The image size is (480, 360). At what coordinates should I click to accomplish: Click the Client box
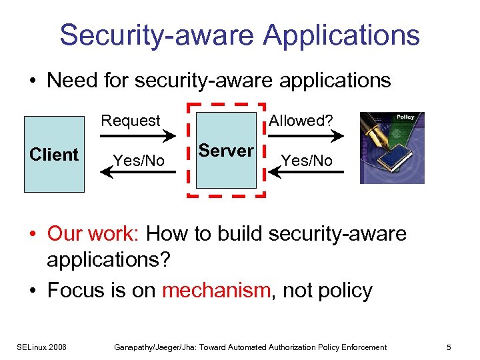click(x=54, y=155)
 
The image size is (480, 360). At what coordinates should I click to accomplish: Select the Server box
click(x=226, y=151)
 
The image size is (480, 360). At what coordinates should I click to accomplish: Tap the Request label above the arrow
click(x=131, y=121)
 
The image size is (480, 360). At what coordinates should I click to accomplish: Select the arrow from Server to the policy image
click(x=307, y=136)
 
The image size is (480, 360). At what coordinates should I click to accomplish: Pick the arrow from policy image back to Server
click(x=307, y=173)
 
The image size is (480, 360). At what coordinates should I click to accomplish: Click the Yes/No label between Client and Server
click(x=139, y=161)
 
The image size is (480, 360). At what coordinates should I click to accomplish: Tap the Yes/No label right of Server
click(x=307, y=161)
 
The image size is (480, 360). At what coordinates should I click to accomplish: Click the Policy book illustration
click(x=391, y=147)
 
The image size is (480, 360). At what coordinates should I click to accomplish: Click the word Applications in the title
click(x=341, y=35)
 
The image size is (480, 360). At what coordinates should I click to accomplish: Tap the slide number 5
click(x=449, y=347)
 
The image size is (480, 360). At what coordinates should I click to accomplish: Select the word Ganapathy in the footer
click(x=133, y=347)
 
